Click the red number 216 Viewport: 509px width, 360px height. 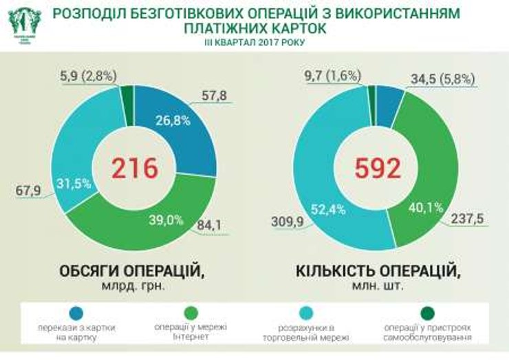tap(135, 168)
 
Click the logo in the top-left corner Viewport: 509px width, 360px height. tap(24, 23)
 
